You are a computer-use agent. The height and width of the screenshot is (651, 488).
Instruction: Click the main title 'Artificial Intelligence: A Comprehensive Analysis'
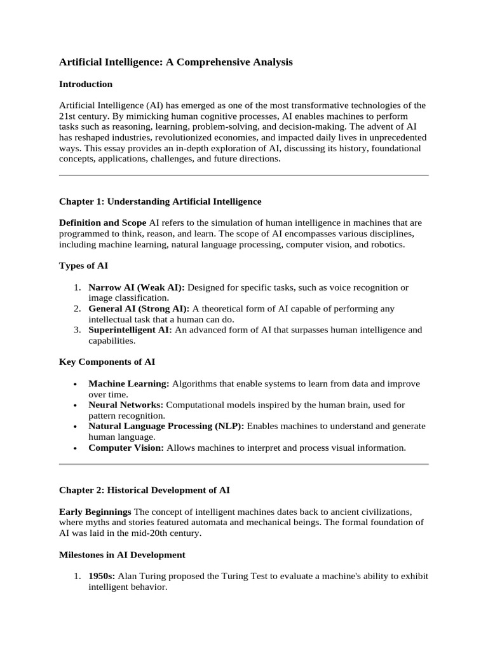(176, 62)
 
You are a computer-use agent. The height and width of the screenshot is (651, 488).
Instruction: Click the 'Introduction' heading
(86, 84)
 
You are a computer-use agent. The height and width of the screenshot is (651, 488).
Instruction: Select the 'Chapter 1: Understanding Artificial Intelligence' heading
(160, 202)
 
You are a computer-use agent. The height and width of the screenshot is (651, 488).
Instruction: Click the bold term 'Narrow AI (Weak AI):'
(137, 287)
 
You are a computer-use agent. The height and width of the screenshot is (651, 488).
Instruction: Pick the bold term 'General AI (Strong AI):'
(139, 308)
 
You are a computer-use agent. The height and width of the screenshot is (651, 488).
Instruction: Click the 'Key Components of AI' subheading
(107, 362)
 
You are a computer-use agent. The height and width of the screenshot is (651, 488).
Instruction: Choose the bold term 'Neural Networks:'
(126, 405)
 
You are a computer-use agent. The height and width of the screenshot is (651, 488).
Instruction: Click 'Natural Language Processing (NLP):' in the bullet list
(166, 426)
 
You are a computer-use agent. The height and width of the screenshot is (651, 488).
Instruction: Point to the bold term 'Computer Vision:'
(126, 448)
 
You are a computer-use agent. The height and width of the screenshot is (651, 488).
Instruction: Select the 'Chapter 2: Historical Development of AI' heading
(144, 490)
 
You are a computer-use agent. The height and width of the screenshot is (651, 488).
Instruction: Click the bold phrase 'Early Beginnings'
(95, 512)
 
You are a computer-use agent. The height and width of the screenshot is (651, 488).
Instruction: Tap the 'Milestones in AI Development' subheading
(122, 555)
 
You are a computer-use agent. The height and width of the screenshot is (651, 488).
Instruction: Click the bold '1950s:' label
(102, 577)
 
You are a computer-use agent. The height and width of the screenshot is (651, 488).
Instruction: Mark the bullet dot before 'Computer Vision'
(76, 448)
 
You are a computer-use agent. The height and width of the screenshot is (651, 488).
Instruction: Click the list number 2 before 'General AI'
(76, 308)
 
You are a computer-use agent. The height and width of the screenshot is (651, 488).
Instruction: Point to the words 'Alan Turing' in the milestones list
(142, 577)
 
